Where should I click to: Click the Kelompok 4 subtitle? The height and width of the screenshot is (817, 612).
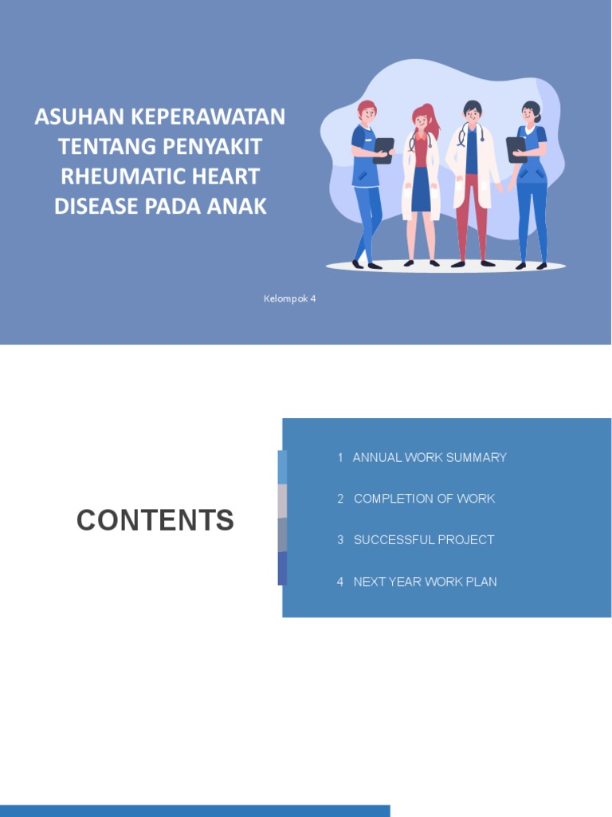290,298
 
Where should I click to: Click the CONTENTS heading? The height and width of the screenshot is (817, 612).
155,520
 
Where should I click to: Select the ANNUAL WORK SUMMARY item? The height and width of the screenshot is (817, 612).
430,457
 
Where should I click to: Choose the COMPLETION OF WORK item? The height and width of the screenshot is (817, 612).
424,499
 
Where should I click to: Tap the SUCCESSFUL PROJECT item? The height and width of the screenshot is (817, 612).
424,540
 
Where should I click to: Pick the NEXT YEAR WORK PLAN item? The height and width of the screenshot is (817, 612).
425,582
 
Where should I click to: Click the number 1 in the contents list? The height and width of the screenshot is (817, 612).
340,457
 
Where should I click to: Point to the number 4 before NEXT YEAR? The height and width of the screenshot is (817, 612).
340,582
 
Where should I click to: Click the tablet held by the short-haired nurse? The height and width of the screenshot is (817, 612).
383,149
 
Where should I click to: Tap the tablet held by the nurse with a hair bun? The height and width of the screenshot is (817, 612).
516,148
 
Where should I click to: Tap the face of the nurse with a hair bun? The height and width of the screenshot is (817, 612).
528,115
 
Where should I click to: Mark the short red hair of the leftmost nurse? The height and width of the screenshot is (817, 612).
366,106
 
